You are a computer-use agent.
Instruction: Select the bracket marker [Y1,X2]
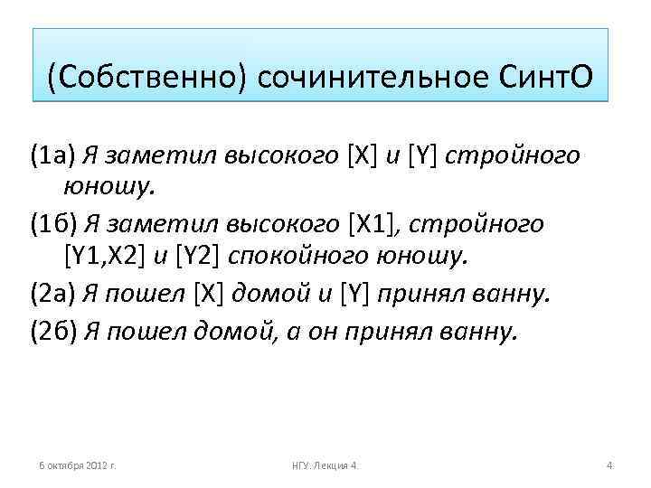(x=104, y=258)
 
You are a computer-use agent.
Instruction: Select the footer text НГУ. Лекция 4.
(x=325, y=465)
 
